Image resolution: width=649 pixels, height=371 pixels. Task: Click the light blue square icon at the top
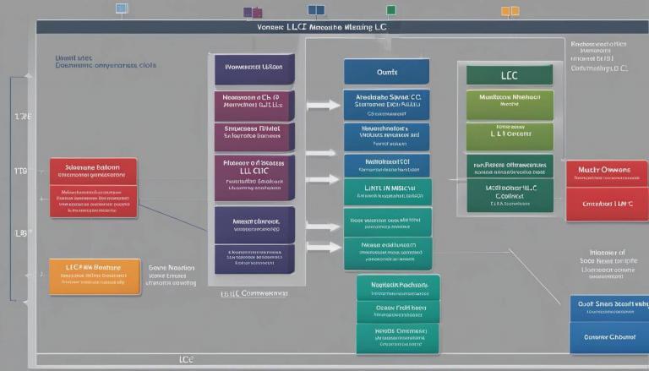121,8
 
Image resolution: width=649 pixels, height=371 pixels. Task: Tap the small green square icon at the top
390,10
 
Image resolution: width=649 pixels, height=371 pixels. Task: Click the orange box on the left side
94,276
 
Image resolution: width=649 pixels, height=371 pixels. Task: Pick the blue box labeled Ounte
386,71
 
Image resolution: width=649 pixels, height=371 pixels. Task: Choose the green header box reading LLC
510,74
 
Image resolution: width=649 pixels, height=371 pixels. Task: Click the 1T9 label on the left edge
21,171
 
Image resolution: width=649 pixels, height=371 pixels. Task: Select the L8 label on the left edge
21,232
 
